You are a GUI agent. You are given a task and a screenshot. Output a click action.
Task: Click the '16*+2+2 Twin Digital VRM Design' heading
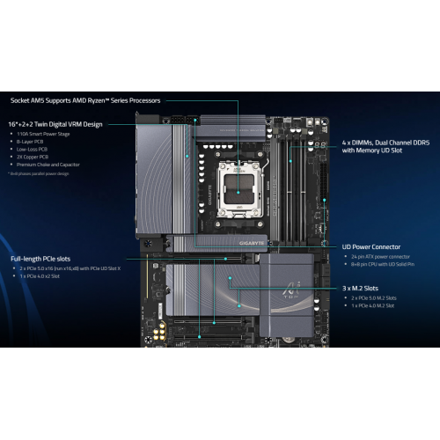56,125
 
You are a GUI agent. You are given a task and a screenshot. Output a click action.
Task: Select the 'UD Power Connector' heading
371,247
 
